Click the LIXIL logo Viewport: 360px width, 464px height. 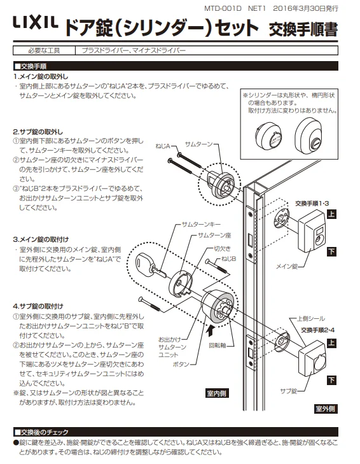tap(36, 23)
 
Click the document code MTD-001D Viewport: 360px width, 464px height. tap(223, 8)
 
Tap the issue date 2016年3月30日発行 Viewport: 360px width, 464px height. tap(305, 8)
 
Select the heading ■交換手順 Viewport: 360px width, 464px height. tap(31, 66)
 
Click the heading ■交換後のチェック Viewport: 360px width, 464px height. tap(42, 432)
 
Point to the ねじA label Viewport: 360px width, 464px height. tap(163, 146)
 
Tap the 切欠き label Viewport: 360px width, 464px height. tap(222, 249)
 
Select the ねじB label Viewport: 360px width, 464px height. tap(229, 259)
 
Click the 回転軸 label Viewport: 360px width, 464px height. tap(218, 346)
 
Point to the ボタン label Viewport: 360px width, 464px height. tap(181, 364)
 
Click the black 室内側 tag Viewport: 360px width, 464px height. tap(217, 393)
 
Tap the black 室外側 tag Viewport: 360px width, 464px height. tap(325, 409)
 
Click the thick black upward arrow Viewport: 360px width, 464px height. tap(210, 330)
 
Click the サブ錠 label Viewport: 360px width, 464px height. tap(288, 391)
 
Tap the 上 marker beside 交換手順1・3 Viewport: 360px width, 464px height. tap(331, 214)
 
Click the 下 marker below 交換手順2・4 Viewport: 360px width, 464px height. tap(331, 380)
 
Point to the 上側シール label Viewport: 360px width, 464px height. tap(311, 318)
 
